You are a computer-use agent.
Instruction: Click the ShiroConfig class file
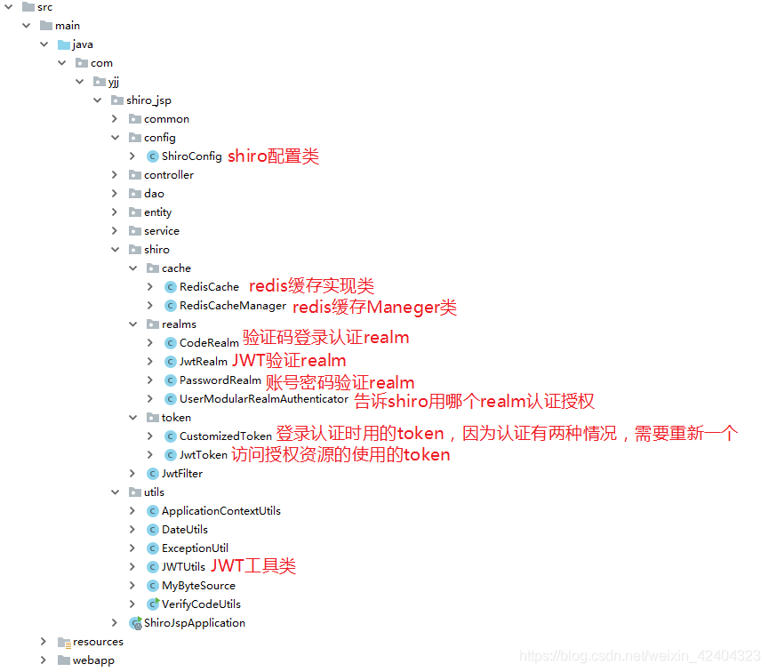(x=191, y=156)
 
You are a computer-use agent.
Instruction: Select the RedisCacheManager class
(x=232, y=306)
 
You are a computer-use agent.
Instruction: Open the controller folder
(x=168, y=175)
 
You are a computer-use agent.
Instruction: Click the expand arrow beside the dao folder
(x=115, y=194)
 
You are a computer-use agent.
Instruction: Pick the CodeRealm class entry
(x=209, y=343)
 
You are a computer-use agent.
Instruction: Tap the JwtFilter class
(x=181, y=474)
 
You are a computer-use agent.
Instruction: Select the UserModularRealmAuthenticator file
(x=263, y=399)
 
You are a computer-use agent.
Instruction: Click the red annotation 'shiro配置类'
(x=273, y=156)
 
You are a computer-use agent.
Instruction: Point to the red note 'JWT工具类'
(x=252, y=566)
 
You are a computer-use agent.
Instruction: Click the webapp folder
(x=93, y=660)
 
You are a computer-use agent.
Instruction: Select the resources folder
(x=98, y=642)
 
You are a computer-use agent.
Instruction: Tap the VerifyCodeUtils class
(x=201, y=604)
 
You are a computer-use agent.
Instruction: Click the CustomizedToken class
(x=225, y=436)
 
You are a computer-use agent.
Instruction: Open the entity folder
(x=157, y=212)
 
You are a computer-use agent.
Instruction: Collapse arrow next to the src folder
(x=8, y=7)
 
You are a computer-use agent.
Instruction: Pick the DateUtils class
(x=184, y=530)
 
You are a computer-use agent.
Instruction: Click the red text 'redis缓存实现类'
(x=311, y=286)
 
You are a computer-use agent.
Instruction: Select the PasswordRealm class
(x=220, y=380)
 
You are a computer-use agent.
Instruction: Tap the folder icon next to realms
(x=153, y=324)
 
